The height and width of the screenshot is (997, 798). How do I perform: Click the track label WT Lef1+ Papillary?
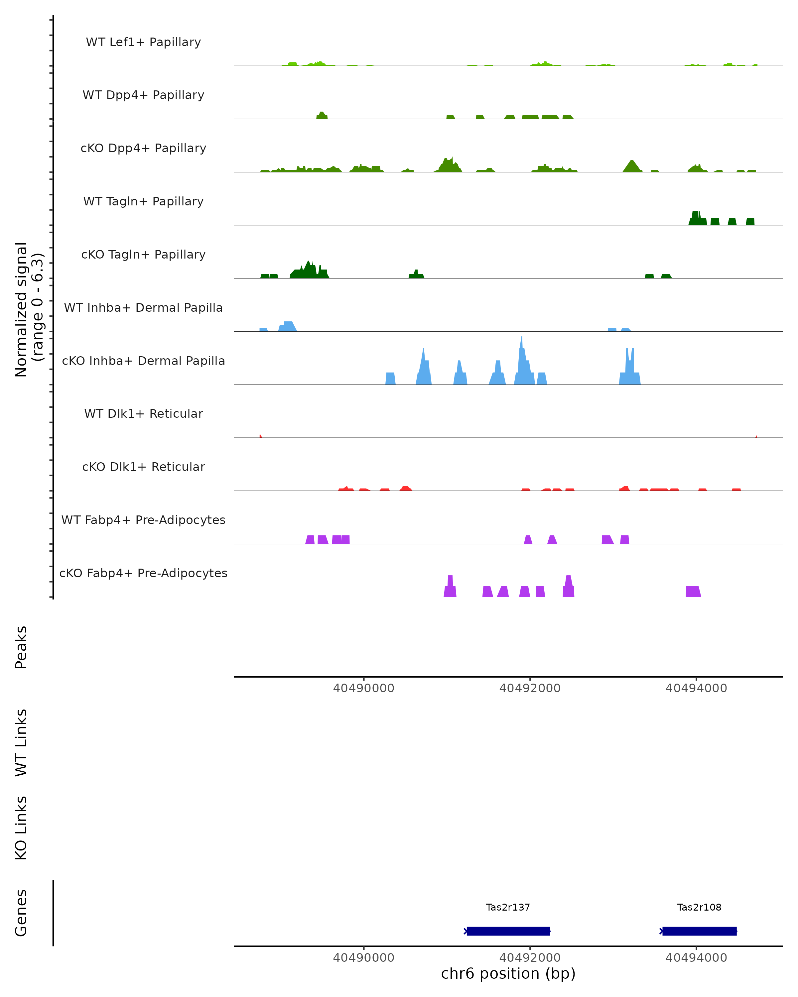pos(143,42)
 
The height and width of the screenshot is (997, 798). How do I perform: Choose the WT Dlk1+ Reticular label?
pos(143,413)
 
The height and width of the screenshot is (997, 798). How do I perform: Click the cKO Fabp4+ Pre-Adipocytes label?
pos(143,573)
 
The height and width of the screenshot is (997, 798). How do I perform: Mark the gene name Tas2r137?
pos(508,907)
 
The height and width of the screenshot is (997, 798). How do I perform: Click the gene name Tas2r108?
pos(699,907)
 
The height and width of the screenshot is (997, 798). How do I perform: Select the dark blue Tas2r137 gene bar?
pos(508,931)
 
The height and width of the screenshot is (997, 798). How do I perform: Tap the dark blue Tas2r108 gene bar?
pos(699,931)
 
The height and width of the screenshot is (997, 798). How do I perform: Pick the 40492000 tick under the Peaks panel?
pos(530,688)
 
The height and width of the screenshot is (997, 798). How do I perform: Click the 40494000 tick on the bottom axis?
pos(696,958)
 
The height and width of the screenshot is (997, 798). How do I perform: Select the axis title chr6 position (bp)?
pos(508,974)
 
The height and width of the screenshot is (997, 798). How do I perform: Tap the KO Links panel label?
pos(21,828)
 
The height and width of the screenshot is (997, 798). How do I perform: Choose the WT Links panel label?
pos(21,743)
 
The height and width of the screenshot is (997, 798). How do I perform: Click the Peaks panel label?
pos(21,647)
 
